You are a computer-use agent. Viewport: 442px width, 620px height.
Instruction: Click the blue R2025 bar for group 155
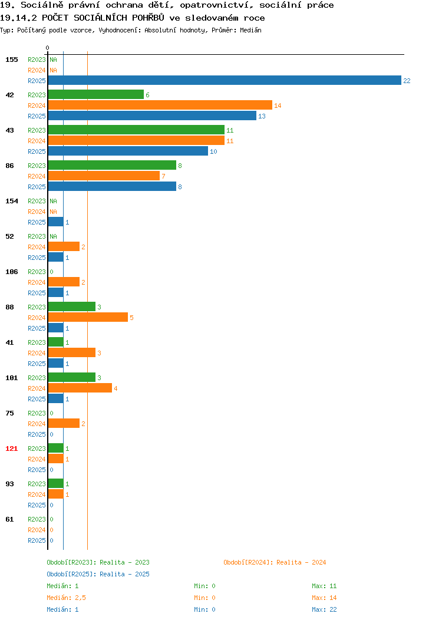pyautogui.click(x=225, y=81)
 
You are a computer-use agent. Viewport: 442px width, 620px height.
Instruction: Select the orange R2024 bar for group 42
pyautogui.click(x=160, y=105)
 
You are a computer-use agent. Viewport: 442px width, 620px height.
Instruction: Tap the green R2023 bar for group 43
pyautogui.click(x=136, y=130)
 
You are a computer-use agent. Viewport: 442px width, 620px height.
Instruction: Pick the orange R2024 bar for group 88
pyautogui.click(x=88, y=318)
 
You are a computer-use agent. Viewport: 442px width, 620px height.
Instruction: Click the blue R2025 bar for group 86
pyautogui.click(x=113, y=187)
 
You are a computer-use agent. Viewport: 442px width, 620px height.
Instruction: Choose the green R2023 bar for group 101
pyautogui.click(x=72, y=378)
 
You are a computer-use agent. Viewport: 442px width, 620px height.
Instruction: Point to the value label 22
pyautogui.click(x=407, y=81)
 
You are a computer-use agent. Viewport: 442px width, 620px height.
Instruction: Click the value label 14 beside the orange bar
pyautogui.click(x=278, y=105)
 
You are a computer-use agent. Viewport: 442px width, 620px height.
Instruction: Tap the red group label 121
pyautogui.click(x=11, y=448)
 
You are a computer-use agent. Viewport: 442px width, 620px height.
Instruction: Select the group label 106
pyautogui.click(x=11, y=272)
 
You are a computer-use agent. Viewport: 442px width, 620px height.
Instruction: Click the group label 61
pyautogui.click(x=9, y=519)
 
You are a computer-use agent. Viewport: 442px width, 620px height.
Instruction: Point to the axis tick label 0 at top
pyautogui.click(x=48, y=48)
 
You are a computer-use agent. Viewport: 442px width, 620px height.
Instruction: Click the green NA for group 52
pyautogui.click(x=54, y=236)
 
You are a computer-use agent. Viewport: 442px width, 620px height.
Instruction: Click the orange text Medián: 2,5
pyautogui.click(x=67, y=598)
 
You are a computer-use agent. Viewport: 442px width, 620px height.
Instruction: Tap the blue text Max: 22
pyautogui.click(x=324, y=610)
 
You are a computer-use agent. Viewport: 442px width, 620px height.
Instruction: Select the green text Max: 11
pyautogui.click(x=324, y=586)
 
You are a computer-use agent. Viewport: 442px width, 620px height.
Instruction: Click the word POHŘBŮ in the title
pyautogui.click(x=148, y=18)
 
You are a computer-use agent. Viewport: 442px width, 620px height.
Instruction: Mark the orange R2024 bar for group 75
pyautogui.click(x=64, y=424)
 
